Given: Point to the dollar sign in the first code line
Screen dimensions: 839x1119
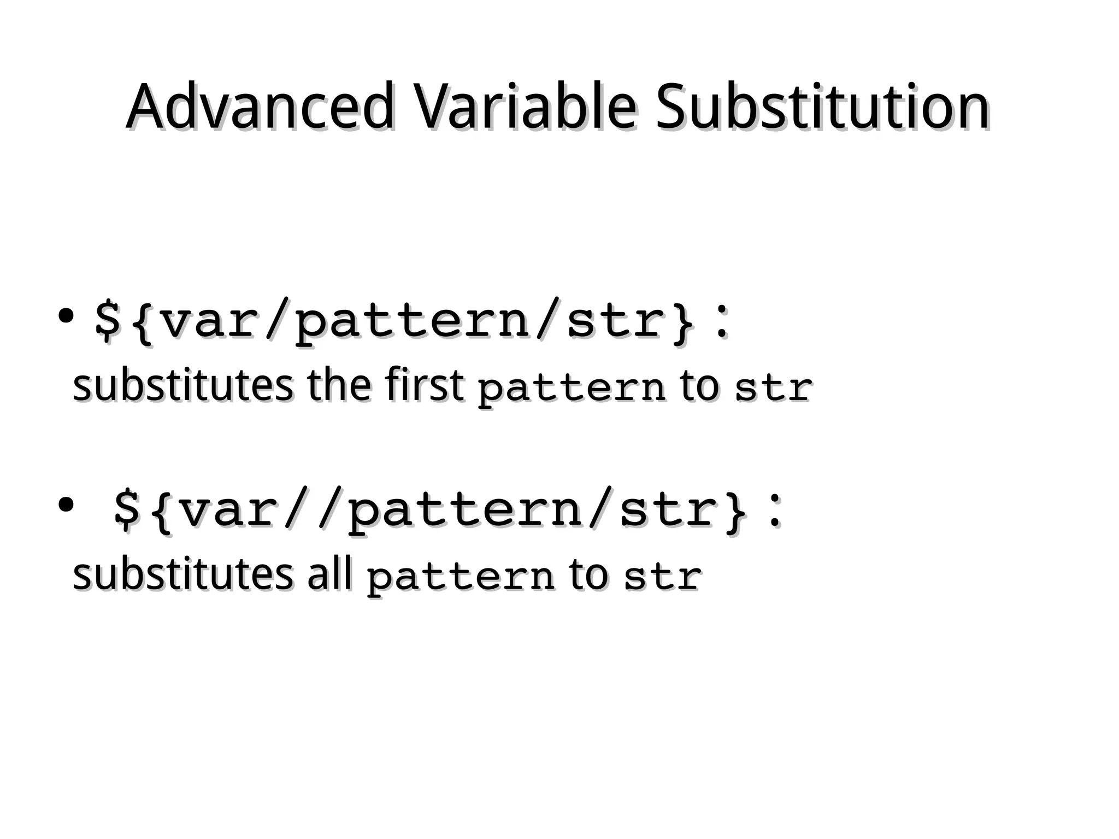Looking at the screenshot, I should click(x=107, y=320).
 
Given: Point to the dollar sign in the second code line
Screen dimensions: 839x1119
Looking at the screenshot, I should click(x=126, y=511).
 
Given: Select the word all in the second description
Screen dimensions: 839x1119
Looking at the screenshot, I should click(x=329, y=575).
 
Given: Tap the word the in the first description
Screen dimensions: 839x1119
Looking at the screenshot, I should click(x=339, y=385).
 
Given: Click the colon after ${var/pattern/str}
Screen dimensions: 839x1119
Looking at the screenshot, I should click(x=722, y=322).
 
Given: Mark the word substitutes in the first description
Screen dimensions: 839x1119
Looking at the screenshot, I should click(x=182, y=385).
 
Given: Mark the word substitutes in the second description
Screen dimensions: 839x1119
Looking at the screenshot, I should click(x=182, y=575).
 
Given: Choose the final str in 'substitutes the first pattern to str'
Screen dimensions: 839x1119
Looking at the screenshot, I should click(x=773, y=388).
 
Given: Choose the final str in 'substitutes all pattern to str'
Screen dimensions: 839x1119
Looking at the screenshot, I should click(x=663, y=577).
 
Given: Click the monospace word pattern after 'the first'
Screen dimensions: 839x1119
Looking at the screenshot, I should click(x=572, y=389).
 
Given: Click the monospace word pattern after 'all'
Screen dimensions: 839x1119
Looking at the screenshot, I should click(x=461, y=578).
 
